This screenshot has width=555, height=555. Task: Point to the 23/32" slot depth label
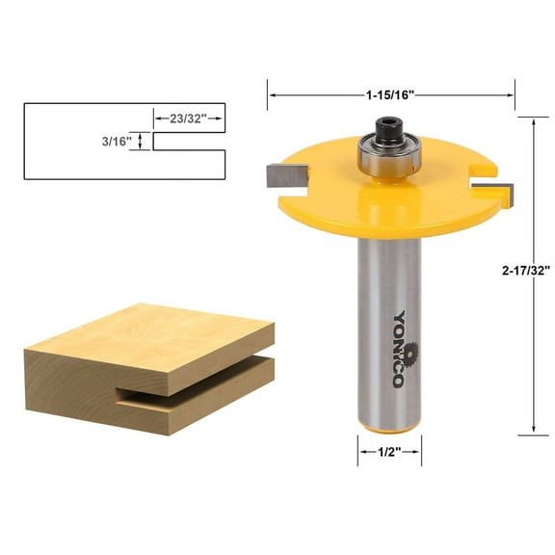click(189, 120)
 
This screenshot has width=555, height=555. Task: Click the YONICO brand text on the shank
click(399, 347)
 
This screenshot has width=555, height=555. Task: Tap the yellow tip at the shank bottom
click(390, 419)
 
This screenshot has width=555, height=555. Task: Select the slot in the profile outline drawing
click(188, 142)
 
